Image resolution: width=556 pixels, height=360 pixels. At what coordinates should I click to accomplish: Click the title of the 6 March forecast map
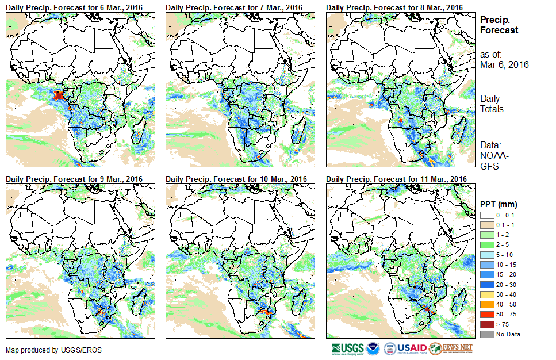[74, 7]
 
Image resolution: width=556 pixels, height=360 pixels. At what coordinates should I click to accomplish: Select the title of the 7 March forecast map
[234, 7]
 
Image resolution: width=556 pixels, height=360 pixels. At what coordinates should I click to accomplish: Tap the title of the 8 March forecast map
[394, 7]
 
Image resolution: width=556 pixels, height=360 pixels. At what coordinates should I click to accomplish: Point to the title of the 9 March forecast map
[74, 179]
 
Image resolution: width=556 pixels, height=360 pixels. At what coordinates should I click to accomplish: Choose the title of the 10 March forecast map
[236, 179]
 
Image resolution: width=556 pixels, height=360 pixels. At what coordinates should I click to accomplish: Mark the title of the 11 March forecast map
[397, 179]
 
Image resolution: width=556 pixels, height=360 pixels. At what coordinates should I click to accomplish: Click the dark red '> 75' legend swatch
[486, 325]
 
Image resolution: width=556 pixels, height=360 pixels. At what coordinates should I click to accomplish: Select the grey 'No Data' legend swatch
[486, 334]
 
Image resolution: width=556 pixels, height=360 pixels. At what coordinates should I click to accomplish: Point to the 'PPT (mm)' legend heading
[499, 204]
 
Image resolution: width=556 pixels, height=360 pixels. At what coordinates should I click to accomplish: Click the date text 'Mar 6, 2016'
[504, 64]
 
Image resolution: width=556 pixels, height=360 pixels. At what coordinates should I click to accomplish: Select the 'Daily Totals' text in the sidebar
[492, 104]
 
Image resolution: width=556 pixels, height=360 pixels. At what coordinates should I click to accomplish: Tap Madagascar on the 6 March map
[140, 132]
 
